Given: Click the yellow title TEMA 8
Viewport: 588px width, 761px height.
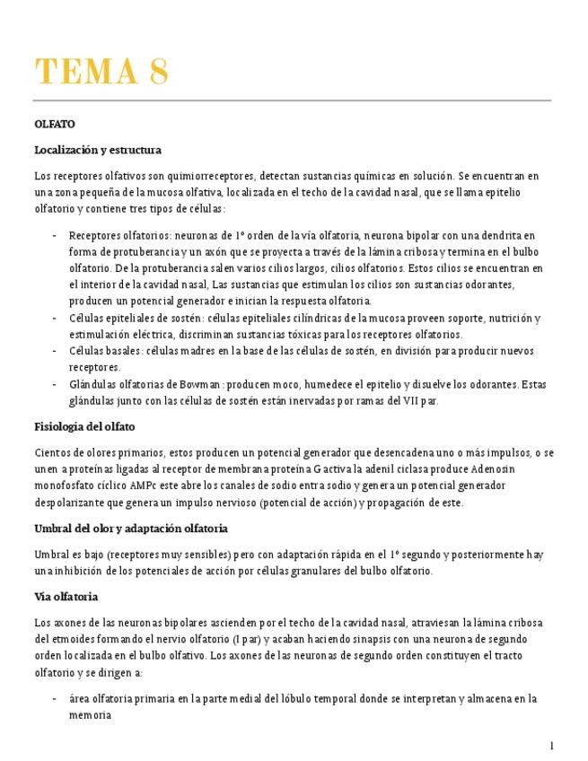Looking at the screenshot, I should [101, 71].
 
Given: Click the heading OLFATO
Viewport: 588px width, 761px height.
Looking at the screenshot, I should [54, 124].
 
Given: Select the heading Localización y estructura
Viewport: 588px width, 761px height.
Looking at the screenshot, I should [97, 150].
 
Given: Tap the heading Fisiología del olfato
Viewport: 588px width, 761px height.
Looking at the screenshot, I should [84, 426].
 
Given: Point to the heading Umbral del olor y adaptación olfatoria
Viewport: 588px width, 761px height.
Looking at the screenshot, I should [130, 529].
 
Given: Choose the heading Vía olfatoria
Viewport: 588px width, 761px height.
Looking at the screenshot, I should [66, 596].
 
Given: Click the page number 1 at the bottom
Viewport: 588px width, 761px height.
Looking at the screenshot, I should [552, 746].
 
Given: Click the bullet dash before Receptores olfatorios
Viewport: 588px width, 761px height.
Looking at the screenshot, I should [56, 235].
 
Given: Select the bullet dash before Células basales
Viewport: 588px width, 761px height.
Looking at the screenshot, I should [56, 351].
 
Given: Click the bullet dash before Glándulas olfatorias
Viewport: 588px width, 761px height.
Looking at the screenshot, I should [56, 384].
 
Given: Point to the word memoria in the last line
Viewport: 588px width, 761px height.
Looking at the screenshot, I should [90, 715].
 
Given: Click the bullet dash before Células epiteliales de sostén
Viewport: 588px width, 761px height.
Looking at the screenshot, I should [56, 318].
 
